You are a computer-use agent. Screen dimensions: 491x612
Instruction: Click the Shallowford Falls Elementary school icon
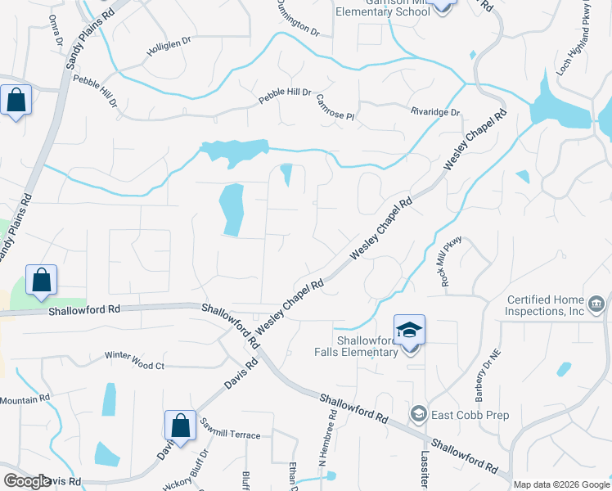coord(409,330)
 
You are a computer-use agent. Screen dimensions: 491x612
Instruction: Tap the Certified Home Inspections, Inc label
coord(546,305)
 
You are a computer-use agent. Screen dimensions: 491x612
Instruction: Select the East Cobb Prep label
coord(470,415)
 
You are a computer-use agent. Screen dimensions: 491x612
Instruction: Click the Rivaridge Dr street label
coord(435,112)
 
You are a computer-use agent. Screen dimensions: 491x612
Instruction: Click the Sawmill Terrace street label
coord(232,435)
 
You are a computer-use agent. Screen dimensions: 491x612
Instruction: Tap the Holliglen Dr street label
coord(168,49)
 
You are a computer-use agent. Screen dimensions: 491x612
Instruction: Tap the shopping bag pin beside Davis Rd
coord(180,426)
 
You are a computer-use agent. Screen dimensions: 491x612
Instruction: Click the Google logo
coord(27,481)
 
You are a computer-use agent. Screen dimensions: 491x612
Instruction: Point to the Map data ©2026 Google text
coord(560,484)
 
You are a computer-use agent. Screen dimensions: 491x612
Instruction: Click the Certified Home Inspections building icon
coord(596,305)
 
